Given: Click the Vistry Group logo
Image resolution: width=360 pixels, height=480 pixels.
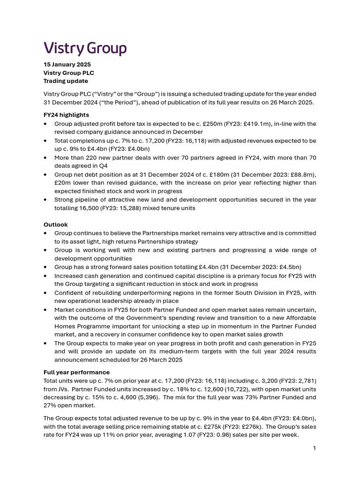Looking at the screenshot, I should (85, 48).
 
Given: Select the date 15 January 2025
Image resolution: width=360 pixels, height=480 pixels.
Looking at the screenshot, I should (67, 64).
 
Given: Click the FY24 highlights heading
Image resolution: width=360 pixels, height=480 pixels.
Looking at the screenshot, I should (66, 114).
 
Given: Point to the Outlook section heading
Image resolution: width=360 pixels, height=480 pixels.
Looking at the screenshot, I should (55, 225).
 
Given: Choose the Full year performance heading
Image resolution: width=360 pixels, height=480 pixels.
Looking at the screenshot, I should (76, 372).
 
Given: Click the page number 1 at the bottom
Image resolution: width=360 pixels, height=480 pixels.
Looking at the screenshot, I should (315, 448).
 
